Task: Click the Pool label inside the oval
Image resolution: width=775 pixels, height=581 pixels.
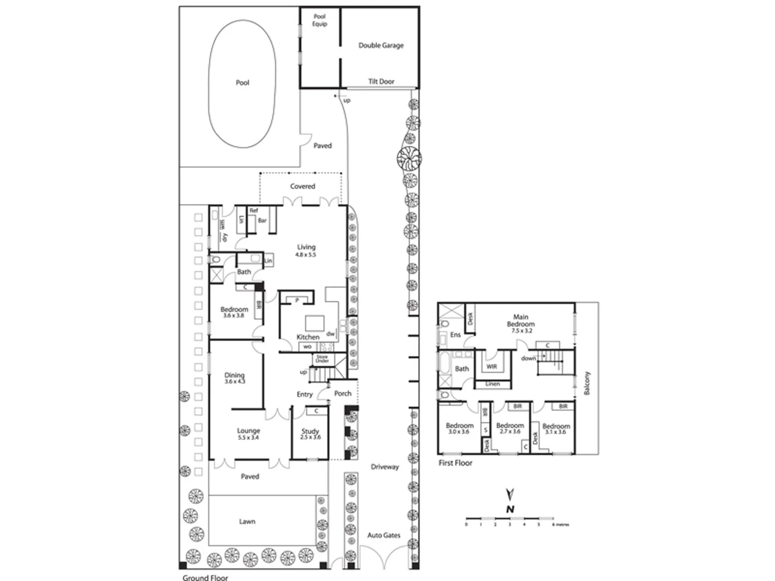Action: point(243,83)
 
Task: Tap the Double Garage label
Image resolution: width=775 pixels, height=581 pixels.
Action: point(381,46)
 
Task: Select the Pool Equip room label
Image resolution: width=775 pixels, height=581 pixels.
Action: point(320,20)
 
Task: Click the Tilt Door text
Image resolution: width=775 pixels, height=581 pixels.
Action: point(381,82)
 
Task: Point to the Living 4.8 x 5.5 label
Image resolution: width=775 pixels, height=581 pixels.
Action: point(306,251)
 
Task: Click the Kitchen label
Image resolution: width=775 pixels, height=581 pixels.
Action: point(308,337)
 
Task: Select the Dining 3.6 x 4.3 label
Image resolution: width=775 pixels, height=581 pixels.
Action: point(234,378)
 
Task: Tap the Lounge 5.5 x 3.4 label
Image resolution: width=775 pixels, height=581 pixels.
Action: point(248,434)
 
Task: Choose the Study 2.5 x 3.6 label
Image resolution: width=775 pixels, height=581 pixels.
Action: point(310,434)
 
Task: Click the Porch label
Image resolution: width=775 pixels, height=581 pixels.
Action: point(343,394)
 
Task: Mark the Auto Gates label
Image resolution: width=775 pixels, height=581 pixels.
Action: point(384,535)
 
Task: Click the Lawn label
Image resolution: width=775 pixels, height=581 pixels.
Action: point(247,522)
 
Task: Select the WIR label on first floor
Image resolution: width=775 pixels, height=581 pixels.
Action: point(492,367)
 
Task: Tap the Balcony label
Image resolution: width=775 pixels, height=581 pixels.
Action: point(587,382)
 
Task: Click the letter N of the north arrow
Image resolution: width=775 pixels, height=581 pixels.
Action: point(510,509)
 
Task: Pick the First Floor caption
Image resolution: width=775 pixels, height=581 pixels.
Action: point(455,463)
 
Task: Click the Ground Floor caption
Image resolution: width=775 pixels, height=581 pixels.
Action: point(205,578)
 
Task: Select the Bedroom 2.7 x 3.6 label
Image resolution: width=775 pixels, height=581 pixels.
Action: point(510,428)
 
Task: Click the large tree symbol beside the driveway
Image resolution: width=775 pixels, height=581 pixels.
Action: point(408,158)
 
